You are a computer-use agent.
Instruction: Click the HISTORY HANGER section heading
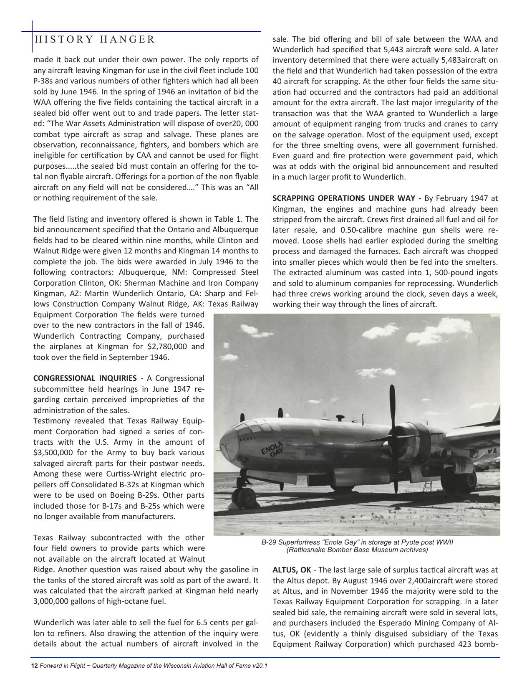point(95,40)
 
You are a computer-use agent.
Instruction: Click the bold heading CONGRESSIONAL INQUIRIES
point(85,378)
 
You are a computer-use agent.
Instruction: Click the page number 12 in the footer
point(35,665)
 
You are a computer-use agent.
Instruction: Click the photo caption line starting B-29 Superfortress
point(357,542)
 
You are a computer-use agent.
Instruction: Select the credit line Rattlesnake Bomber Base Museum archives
point(357,550)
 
